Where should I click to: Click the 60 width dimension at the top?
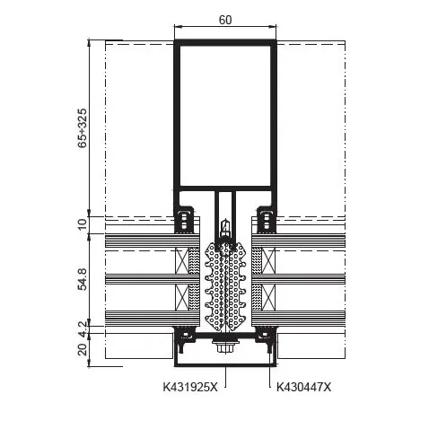tap(225, 20)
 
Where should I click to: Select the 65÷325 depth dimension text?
tap(82, 128)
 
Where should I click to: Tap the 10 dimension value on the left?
tap(82, 223)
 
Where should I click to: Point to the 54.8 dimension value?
tap(82, 279)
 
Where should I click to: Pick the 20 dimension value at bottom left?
tap(82, 349)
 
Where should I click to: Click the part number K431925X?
tap(190, 387)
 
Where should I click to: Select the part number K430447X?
tap(303, 387)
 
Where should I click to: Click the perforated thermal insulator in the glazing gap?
tap(225, 285)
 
